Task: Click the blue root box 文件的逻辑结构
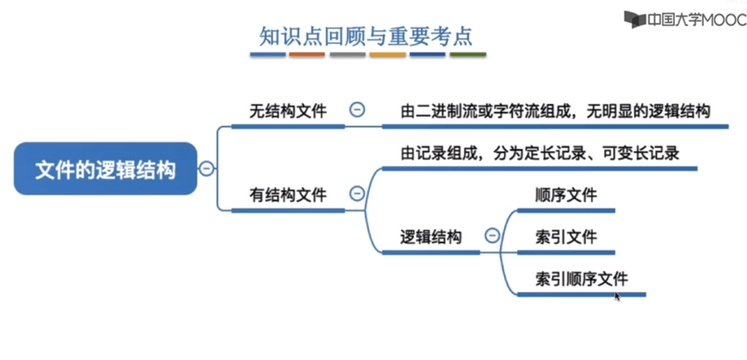tap(106, 168)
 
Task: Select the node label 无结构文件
tap(289, 111)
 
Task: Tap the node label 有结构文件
tap(289, 194)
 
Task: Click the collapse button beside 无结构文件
tap(357, 110)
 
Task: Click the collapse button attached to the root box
tap(206, 168)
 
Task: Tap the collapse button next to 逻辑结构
tap(492, 235)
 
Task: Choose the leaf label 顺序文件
tap(566, 195)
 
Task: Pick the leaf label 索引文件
tap(566, 236)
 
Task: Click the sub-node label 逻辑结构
tap(431, 236)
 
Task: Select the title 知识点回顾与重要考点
tap(366, 37)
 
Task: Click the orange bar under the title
tap(306, 54)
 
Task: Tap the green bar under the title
tap(468, 54)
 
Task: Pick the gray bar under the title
tap(347, 54)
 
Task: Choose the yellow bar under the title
tap(388, 54)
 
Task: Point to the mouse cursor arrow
tap(618, 297)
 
